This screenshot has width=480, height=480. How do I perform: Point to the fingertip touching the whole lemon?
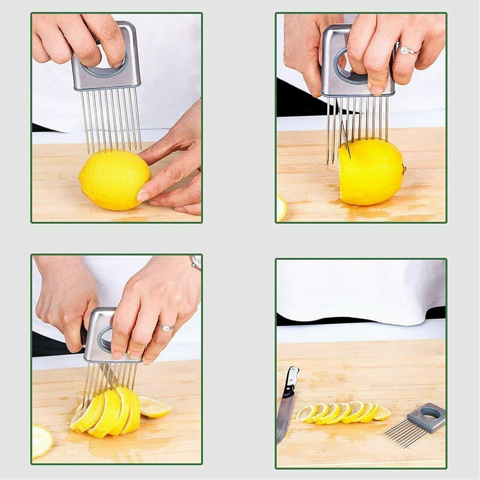coord(143,196)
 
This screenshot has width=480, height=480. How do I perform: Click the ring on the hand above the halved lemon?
coord(405,50)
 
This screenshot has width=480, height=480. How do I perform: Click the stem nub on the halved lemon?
coord(404,169)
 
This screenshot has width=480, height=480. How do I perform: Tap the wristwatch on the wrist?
coord(196,262)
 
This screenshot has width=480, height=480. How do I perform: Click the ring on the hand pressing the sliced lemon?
coord(166,328)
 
